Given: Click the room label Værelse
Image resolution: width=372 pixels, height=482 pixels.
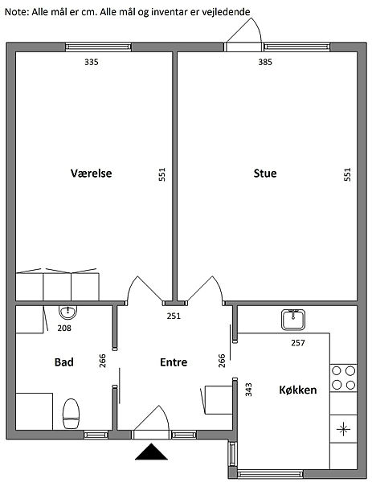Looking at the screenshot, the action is (x=91, y=173).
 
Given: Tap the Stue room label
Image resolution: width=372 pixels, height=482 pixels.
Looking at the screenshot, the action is (x=265, y=174).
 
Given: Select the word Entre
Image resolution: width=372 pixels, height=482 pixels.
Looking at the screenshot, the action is (x=174, y=362).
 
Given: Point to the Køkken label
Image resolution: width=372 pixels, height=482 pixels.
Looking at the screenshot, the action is (x=297, y=390).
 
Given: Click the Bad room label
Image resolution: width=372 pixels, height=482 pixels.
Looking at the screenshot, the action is (x=64, y=362).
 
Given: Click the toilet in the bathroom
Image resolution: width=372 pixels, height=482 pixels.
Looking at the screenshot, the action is (x=71, y=414).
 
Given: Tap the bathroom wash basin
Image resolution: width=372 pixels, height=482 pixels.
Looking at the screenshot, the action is (x=67, y=312).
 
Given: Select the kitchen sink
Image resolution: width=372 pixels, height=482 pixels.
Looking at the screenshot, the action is (x=293, y=320).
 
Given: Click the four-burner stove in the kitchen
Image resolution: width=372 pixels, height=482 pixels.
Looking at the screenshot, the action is (x=343, y=378).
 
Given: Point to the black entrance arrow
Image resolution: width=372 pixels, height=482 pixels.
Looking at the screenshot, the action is (x=151, y=451).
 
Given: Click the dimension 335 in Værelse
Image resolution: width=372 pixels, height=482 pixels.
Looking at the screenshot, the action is (x=92, y=62).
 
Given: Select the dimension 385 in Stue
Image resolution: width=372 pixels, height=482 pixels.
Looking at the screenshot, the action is (x=265, y=62).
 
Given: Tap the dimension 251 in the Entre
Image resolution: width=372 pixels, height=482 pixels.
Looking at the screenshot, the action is (x=174, y=316).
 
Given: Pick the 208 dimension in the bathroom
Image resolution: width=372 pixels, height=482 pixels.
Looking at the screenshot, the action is (x=64, y=329).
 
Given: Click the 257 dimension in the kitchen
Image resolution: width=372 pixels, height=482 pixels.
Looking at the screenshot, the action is (x=298, y=343).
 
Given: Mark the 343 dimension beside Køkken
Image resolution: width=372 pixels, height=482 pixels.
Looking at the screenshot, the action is (x=249, y=390).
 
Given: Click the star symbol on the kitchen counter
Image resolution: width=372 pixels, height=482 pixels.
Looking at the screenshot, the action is (x=343, y=429).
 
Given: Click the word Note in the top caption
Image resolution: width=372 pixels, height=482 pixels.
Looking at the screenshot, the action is (x=16, y=12).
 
